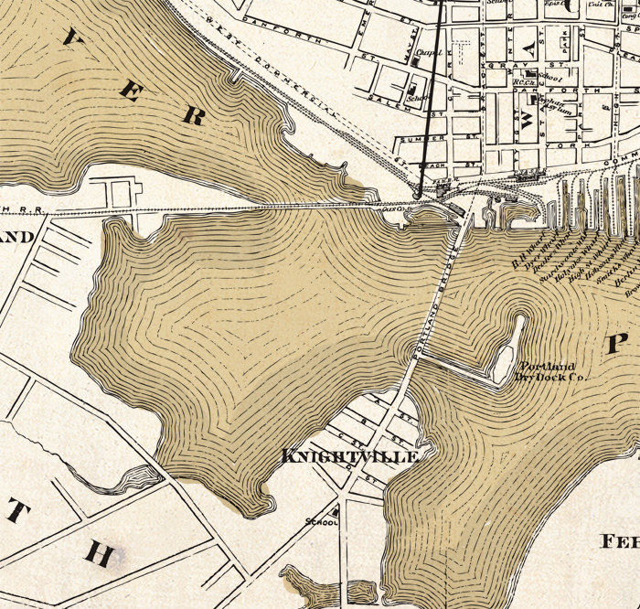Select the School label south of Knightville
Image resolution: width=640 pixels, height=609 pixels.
click(x=324, y=522)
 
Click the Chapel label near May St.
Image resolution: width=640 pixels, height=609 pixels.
click(x=422, y=52)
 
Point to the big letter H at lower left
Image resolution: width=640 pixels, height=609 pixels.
click(x=100, y=554)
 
